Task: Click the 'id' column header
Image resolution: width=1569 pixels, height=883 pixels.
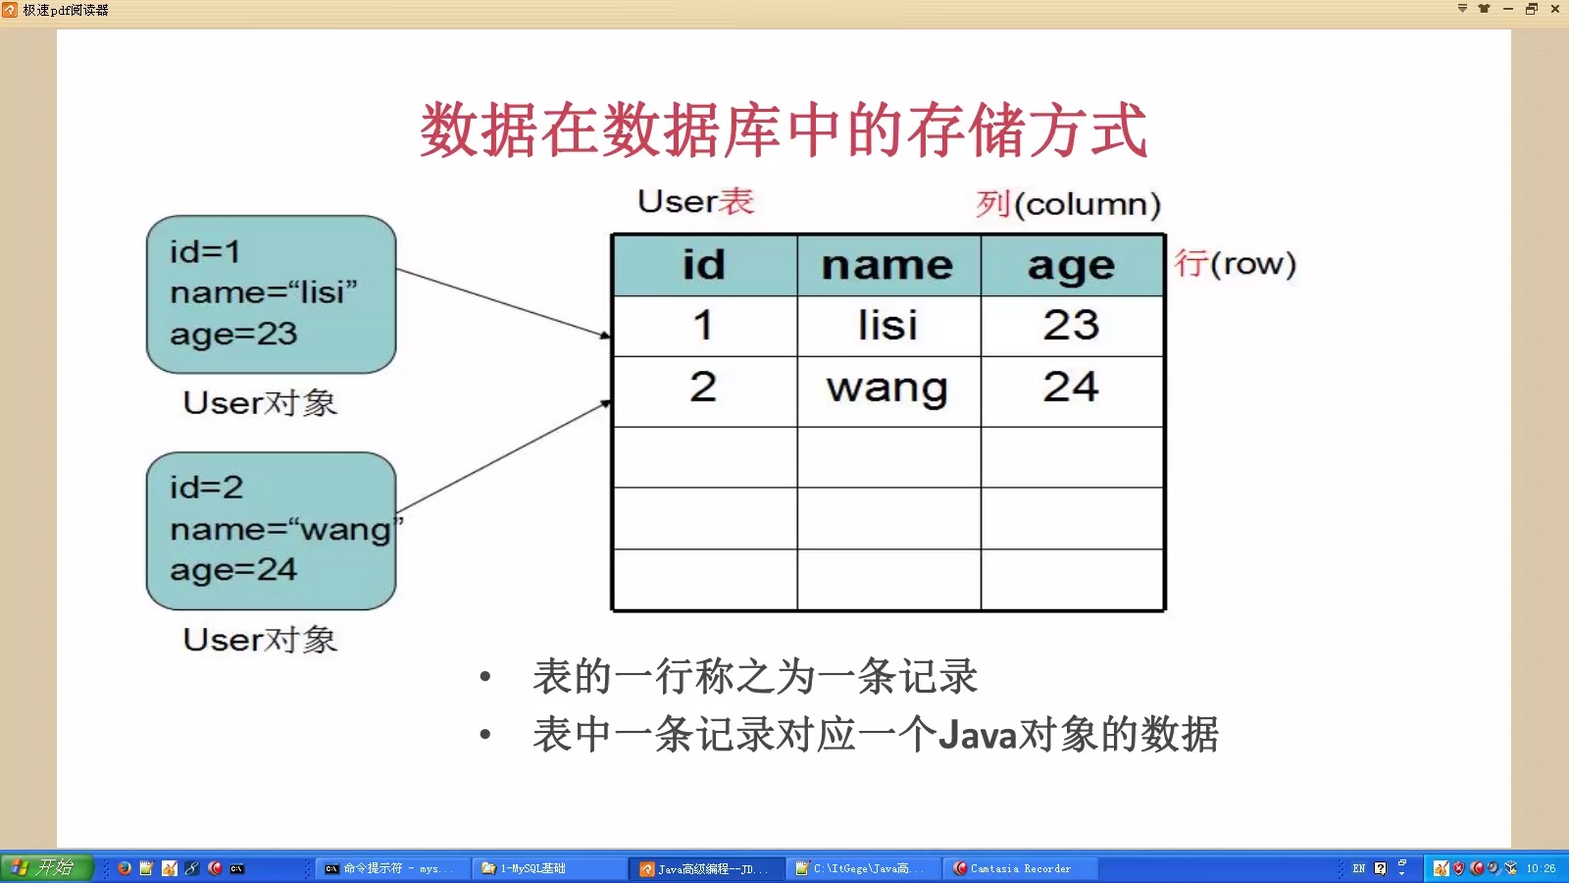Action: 704,266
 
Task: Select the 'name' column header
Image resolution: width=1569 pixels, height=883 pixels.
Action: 887,266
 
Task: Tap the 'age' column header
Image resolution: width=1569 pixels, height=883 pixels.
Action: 1071,266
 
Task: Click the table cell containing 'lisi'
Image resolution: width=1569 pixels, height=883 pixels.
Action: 887,326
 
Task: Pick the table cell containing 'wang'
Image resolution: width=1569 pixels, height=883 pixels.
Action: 887,389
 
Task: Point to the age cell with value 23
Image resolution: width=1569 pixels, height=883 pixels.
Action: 1071,326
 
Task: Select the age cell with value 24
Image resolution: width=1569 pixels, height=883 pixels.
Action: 1071,388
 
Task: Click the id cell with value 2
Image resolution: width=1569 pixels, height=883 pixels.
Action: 703,388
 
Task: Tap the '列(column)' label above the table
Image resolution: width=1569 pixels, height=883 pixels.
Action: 1068,204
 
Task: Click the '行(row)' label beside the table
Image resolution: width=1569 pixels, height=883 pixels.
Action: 1235,263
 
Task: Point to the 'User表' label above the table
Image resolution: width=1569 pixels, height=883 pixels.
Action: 695,201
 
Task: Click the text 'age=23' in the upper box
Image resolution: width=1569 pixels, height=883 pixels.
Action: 233,334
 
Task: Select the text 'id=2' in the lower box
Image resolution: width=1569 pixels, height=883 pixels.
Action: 206,488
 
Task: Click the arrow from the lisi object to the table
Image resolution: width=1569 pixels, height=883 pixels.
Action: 502,302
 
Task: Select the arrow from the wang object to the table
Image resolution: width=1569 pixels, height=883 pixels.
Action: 502,456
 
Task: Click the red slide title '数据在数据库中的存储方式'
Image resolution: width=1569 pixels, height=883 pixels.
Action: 784,130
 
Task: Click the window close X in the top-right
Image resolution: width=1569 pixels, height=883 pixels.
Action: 1555,9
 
